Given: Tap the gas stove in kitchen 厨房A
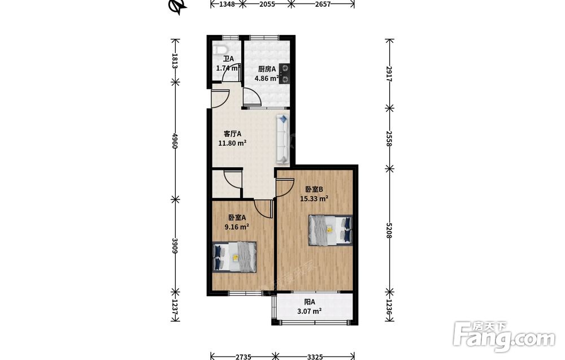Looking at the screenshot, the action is [x=284, y=73].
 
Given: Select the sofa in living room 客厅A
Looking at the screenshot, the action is [x=282, y=138].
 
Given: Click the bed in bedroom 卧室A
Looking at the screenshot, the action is [x=234, y=257].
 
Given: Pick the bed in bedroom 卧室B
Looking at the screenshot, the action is [x=331, y=230].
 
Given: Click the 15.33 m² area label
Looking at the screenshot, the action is [x=314, y=198].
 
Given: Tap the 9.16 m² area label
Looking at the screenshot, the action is [x=237, y=227].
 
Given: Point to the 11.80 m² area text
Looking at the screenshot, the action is [x=232, y=143].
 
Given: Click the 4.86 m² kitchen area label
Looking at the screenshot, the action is [x=267, y=78].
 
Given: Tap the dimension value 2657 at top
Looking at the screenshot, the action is [x=322, y=4].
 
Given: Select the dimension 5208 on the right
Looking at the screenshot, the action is [x=389, y=229].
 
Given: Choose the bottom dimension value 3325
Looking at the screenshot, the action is [x=315, y=357].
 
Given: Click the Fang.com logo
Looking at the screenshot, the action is [x=504, y=337].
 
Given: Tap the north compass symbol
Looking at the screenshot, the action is [x=177, y=6].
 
